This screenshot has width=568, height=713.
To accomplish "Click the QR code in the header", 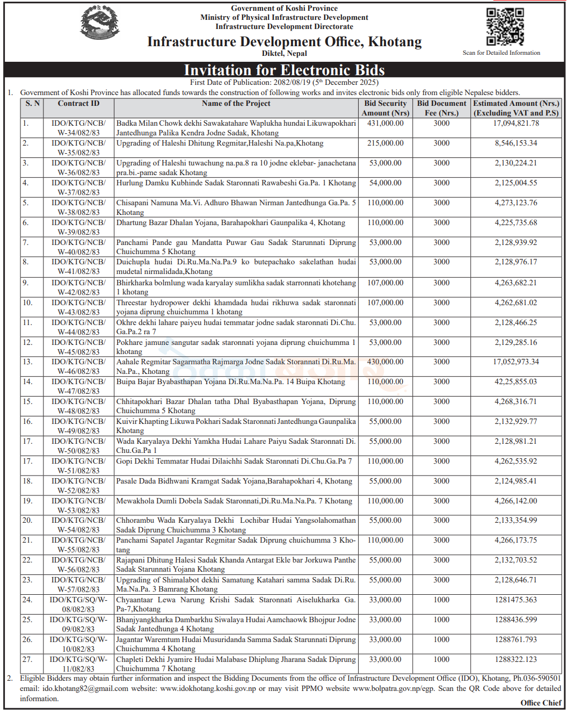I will click(505, 27).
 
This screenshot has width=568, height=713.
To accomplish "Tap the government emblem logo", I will click(100, 22).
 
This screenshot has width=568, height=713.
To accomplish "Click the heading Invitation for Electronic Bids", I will click(284, 70).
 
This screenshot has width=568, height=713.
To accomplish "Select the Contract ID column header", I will click(78, 104).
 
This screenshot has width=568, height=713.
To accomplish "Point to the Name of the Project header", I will click(236, 104).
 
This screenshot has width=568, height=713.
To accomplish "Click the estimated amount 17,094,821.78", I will click(516, 124).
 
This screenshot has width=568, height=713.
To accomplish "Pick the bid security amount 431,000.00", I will click(385, 124).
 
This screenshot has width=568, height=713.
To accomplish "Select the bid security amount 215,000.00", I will click(385, 143).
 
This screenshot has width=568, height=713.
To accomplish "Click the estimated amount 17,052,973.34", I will click(516, 362).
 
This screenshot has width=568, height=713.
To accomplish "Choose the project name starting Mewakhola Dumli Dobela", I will click(234, 501).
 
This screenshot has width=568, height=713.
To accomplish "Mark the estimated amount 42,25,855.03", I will click(516, 381).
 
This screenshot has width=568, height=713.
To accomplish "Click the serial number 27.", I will click(27, 659).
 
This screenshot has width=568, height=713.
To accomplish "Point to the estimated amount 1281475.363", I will click(516, 600).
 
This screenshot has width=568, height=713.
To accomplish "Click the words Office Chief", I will click(541, 703).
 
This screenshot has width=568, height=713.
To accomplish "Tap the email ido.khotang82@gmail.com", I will click(85, 688).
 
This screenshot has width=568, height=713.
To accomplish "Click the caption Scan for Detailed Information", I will click(501, 53).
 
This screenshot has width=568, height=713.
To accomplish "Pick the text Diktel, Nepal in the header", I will click(284, 54).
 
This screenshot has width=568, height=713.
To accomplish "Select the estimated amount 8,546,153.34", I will click(516, 143).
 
